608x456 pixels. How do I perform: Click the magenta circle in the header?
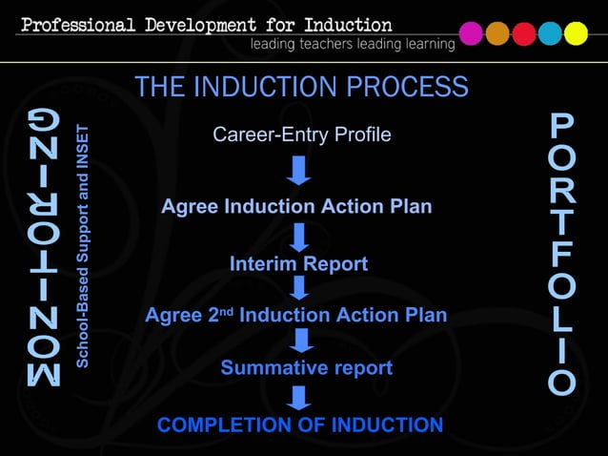coord(471,33)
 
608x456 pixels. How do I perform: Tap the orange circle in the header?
coord(497,33)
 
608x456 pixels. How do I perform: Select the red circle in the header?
coord(524,33)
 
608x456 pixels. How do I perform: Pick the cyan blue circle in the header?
coord(550,33)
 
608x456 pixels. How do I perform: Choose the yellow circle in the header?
coord(576,33)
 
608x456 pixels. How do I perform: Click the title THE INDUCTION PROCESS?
coord(301,88)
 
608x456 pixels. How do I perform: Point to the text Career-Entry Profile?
coord(301,135)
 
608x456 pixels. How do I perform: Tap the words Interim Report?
coord(298,264)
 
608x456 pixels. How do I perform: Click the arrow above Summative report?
coord(302,341)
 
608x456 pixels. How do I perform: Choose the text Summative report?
coord(306,367)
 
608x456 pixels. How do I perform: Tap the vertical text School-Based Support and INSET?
coord(83,245)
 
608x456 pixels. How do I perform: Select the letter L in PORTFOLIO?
coord(562,319)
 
